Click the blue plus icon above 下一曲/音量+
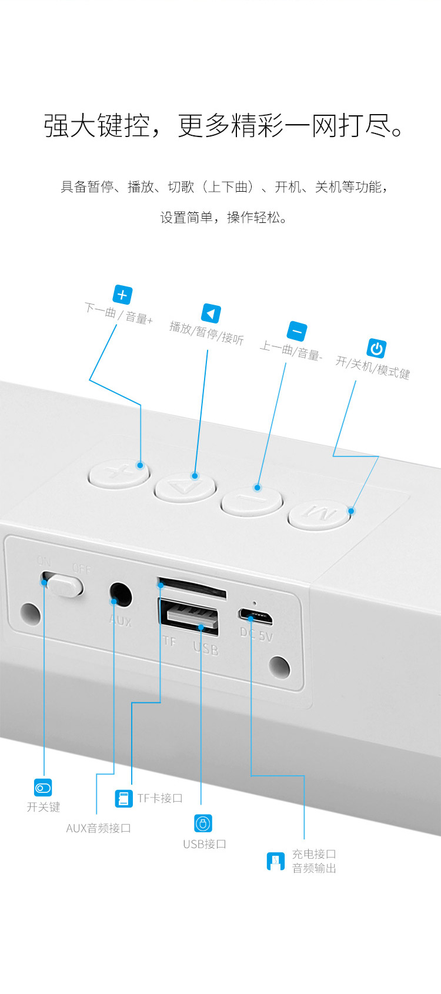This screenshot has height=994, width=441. click(122, 295)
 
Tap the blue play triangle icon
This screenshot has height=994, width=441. click(211, 313)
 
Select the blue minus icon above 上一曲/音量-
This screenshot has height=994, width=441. click(297, 331)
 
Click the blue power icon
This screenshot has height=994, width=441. click(376, 348)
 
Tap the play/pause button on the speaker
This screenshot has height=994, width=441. click(185, 488)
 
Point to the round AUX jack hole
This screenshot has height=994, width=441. click(121, 595)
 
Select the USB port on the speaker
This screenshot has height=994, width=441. click(189, 617)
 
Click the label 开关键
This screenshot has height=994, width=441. click(44, 807)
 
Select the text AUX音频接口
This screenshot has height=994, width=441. click(99, 828)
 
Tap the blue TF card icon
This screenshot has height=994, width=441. click(124, 798)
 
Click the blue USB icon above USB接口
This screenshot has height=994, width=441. click(203, 823)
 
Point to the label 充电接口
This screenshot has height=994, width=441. click(314, 854)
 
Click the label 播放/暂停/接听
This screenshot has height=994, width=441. click(206, 333)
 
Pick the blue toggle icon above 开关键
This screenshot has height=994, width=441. click(43, 788)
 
